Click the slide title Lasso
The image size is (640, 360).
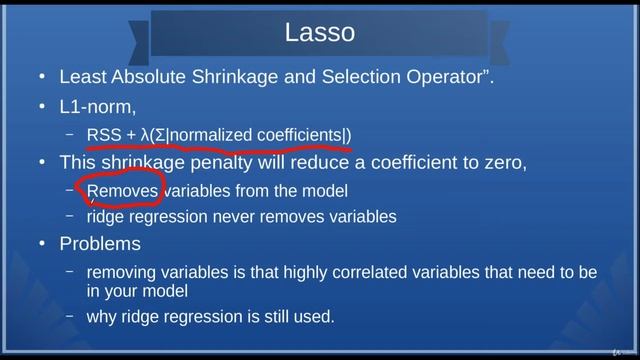click(320, 33)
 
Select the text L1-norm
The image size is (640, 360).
click(97, 105)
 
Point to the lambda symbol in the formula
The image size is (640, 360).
click(145, 134)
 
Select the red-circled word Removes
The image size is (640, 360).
click(123, 190)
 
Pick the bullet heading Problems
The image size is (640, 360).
click(100, 244)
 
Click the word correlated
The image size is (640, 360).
click(361, 272)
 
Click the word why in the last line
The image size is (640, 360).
click(101, 317)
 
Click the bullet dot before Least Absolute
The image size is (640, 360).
click(41, 78)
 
